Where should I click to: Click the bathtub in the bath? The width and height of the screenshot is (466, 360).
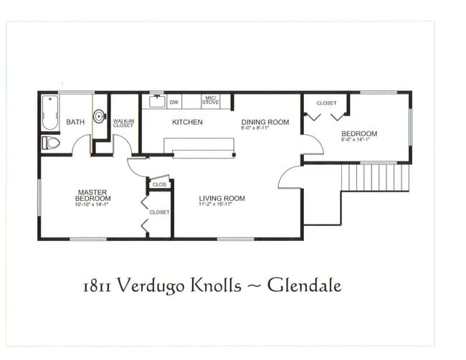pyautogui.click(x=49, y=113)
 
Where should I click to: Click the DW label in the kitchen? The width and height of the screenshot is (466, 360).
pyautogui.click(x=173, y=103)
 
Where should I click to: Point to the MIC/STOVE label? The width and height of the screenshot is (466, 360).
pyautogui.click(x=211, y=102)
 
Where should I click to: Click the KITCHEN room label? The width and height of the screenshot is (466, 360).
pyautogui.click(x=187, y=122)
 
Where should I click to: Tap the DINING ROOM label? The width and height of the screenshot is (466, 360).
pyautogui.click(x=265, y=122)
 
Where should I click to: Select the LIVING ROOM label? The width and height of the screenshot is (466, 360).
pyautogui.click(x=222, y=199)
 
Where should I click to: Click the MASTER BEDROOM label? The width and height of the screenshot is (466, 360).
pyautogui.click(x=94, y=195)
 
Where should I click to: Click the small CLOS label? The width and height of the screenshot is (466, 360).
pyautogui.click(x=159, y=185)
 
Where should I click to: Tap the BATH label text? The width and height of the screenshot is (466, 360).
pyautogui.click(x=75, y=122)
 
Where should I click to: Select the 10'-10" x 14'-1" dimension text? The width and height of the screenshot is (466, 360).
pyautogui.click(x=94, y=204)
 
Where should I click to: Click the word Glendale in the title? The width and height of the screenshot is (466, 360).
pyautogui.click(x=305, y=285)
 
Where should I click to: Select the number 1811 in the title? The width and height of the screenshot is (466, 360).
pyautogui.click(x=96, y=286)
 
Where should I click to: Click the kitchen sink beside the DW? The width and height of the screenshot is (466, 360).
pyautogui.click(x=158, y=101)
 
